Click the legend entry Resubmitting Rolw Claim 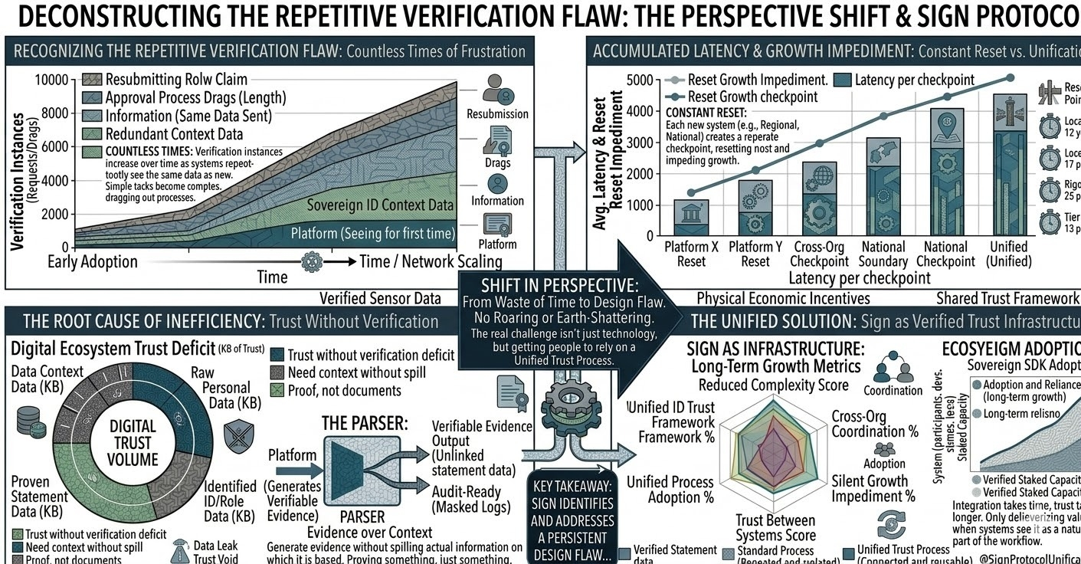click(x=176, y=80)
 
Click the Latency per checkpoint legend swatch click(x=842, y=80)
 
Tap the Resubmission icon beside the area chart click(x=497, y=90)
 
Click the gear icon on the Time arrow click(x=312, y=261)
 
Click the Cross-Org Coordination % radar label click(x=874, y=424)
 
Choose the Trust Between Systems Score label click(x=775, y=528)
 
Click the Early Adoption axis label click(x=93, y=261)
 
